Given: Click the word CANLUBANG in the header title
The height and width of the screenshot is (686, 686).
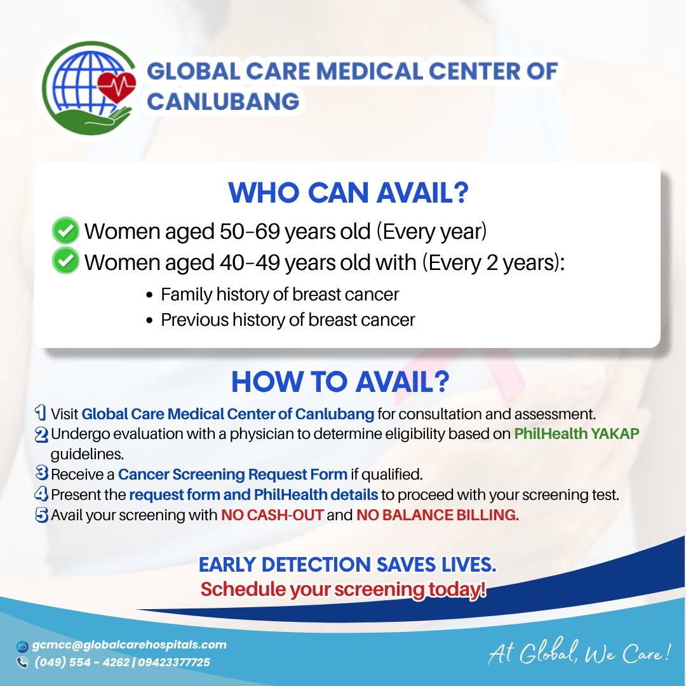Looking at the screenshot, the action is pos(223,101).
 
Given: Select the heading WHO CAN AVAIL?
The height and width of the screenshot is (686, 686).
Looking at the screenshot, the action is pos(348,192).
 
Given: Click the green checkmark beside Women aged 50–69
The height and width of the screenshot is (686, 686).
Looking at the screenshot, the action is pos(65,230).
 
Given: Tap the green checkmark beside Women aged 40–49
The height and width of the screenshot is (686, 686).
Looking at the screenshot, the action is pos(65,261).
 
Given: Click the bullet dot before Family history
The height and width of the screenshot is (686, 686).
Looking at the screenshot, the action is pos(150,295).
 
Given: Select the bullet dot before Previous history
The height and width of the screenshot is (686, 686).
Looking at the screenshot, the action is pos(150,321).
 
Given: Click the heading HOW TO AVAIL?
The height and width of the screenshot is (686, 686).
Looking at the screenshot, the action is pos(340,382).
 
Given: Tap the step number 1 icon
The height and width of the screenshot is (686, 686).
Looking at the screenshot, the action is pos(40,412).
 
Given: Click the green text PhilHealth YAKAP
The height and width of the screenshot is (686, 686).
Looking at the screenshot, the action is pos(577,434).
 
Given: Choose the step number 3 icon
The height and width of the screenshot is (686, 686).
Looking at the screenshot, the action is pos(41,473).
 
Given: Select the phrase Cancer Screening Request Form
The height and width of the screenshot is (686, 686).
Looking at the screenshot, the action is pos(232,474).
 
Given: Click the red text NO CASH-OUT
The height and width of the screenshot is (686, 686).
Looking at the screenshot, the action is pos(272,515).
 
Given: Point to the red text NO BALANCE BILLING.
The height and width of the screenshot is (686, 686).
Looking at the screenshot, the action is pos(438,515).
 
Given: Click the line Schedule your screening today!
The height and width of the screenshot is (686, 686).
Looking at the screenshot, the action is pos(344,589).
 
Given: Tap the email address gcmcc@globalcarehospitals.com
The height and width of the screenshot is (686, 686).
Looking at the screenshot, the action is pos(129,645).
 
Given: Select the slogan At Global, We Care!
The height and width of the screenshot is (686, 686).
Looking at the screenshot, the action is pos(579,652).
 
